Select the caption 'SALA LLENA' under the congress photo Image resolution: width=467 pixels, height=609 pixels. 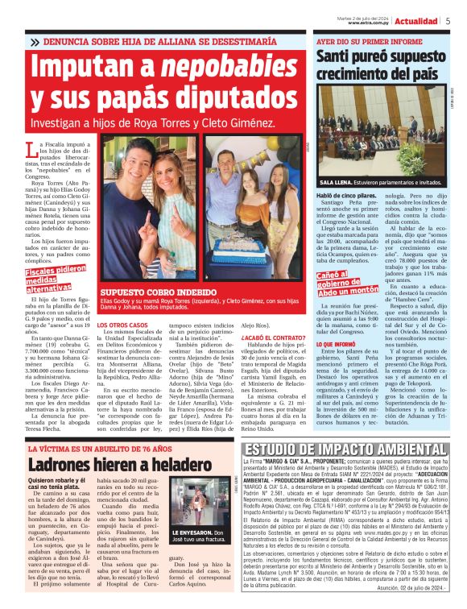(x=337, y=183)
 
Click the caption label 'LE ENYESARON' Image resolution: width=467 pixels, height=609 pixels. (x=197, y=532)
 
